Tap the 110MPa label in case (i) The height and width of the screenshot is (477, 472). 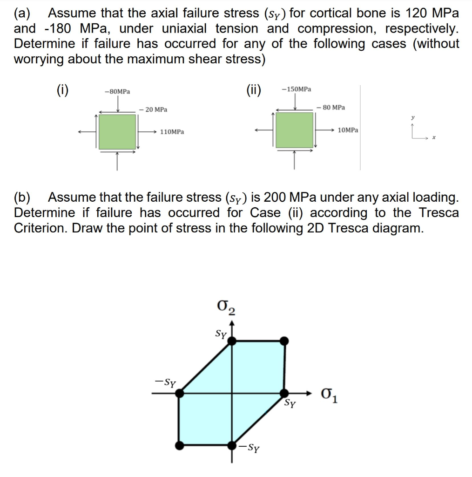[172, 132]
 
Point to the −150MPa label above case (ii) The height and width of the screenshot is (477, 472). [297, 89]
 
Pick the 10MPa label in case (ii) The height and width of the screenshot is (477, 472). [348, 129]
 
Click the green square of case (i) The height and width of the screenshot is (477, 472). [117, 132]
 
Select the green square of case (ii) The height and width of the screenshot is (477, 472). [294, 130]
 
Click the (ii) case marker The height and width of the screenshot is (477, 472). [254, 89]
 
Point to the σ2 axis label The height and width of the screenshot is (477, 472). [226, 308]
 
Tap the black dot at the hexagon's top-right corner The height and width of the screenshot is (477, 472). [284, 341]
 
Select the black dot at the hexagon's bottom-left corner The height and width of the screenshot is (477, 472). [179, 445]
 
